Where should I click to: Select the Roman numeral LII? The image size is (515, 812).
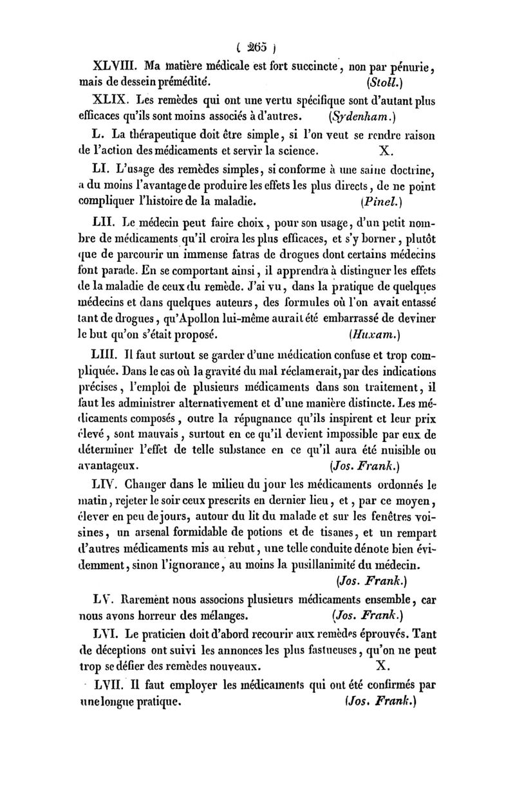(104, 225)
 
